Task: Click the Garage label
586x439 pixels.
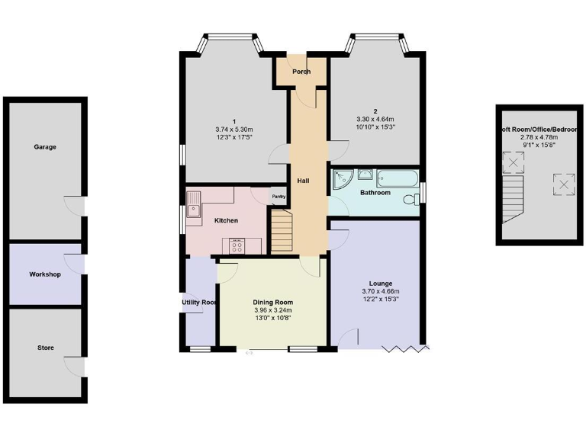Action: click(x=44, y=147)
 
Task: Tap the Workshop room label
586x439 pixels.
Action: click(x=44, y=274)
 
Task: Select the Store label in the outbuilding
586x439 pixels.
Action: click(x=45, y=348)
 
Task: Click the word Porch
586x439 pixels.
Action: click(x=301, y=72)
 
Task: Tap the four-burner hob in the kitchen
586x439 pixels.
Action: click(x=236, y=245)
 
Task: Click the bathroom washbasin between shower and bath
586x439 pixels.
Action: click(x=364, y=175)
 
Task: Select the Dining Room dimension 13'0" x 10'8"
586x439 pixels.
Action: click(x=272, y=319)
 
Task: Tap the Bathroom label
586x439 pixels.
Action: click(x=375, y=193)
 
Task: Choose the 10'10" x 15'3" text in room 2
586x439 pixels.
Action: click(x=375, y=127)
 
